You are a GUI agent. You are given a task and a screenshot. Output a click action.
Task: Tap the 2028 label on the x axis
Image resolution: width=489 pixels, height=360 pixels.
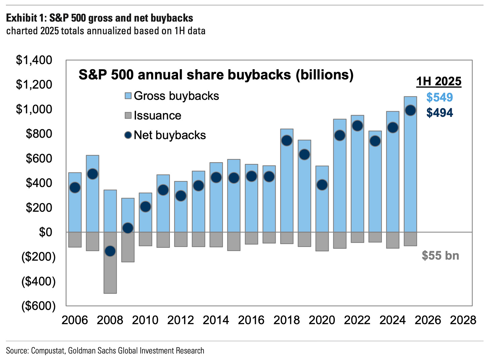click(463, 320)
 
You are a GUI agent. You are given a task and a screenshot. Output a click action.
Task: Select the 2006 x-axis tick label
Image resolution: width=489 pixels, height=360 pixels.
click(75, 320)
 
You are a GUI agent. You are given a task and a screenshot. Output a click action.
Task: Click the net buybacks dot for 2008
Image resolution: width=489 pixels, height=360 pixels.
click(110, 251)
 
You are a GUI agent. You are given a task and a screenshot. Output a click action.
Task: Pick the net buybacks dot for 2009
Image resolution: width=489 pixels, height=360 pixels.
click(128, 228)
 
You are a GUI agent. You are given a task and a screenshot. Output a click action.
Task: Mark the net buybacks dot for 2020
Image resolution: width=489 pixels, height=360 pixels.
click(322, 185)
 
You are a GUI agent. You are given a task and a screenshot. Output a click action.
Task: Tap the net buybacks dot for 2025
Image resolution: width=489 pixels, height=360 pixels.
click(410, 110)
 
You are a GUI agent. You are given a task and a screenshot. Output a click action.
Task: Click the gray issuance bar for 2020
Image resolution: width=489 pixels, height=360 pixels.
click(322, 241)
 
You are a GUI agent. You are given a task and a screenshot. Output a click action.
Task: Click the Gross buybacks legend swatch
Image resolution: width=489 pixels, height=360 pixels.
click(128, 96)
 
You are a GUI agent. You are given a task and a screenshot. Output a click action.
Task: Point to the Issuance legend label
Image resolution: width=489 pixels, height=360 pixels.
click(158, 116)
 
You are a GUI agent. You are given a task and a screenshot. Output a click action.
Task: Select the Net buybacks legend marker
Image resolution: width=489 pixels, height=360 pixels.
click(128, 135)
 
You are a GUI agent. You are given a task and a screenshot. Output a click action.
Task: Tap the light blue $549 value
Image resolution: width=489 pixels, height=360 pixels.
click(440, 97)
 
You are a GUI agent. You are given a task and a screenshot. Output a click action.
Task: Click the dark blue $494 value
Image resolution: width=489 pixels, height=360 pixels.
click(440, 113)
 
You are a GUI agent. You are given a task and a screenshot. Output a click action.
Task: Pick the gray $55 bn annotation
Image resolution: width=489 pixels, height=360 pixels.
click(440, 256)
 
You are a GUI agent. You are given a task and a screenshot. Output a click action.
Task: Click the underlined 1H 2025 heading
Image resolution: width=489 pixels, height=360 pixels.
click(439, 82)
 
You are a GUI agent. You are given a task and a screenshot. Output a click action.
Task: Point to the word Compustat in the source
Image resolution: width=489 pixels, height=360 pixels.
click(48, 351)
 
